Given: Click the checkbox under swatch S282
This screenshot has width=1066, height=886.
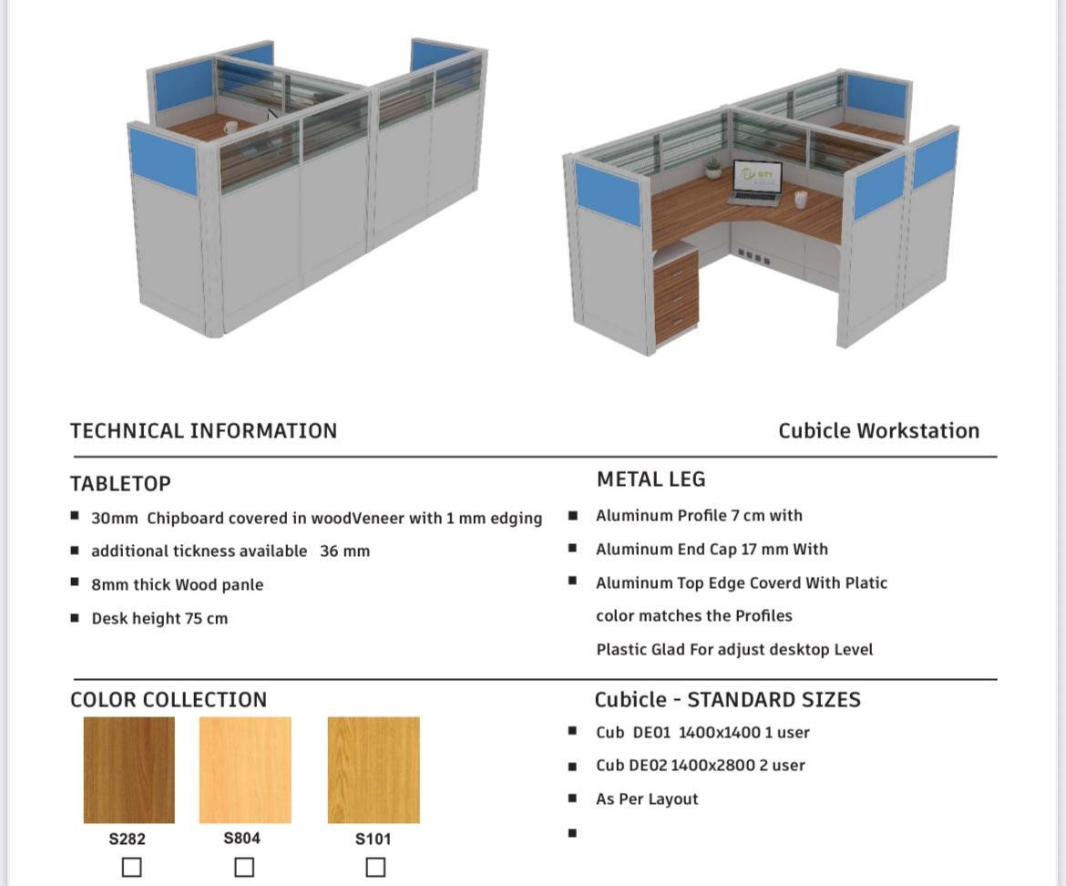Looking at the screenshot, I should click(x=131, y=867).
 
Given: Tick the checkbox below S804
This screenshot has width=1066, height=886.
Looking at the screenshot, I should click(x=244, y=867).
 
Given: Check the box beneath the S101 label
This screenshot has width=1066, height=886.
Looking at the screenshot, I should click(x=375, y=867).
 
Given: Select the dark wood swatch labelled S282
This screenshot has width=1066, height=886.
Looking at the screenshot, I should click(x=128, y=769).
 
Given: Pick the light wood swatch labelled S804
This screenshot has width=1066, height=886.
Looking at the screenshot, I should click(x=245, y=769).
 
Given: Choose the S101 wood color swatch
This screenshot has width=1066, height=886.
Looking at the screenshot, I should click(x=374, y=769).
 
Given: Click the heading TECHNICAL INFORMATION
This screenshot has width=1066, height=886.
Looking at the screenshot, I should click(x=203, y=430).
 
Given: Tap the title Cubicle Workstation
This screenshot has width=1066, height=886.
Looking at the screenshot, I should click(x=878, y=430).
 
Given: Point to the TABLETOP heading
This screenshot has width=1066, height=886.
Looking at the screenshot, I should click(x=120, y=483).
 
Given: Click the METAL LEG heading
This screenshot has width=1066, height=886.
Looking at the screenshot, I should click(x=651, y=479).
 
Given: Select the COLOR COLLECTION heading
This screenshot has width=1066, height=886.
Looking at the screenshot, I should click(x=169, y=700).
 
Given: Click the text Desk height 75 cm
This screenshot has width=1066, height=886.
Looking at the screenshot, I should click(x=159, y=618).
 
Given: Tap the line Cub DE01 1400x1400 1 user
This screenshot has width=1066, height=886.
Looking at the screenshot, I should click(x=702, y=732).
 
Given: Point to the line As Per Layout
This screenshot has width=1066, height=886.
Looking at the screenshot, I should click(x=647, y=798).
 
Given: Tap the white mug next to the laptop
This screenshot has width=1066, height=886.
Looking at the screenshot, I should click(x=800, y=199).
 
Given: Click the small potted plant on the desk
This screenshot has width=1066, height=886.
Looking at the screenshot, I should click(x=712, y=169).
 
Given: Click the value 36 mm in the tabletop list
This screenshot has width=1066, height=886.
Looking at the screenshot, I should click(x=344, y=551).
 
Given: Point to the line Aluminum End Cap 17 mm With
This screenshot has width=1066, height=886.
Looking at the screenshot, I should click(x=712, y=549).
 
